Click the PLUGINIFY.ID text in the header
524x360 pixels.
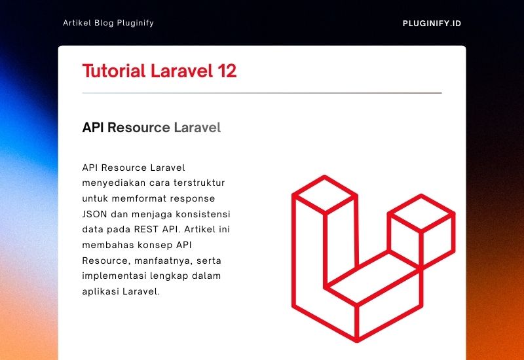point(432,24)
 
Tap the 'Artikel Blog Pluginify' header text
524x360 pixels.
point(108,23)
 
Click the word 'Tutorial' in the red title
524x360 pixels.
point(114,71)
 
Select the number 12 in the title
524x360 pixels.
point(227,71)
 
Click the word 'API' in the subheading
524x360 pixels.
point(93,128)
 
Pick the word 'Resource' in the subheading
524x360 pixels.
point(138,128)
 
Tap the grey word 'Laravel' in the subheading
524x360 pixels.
point(197,128)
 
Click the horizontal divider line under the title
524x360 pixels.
point(262,93)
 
